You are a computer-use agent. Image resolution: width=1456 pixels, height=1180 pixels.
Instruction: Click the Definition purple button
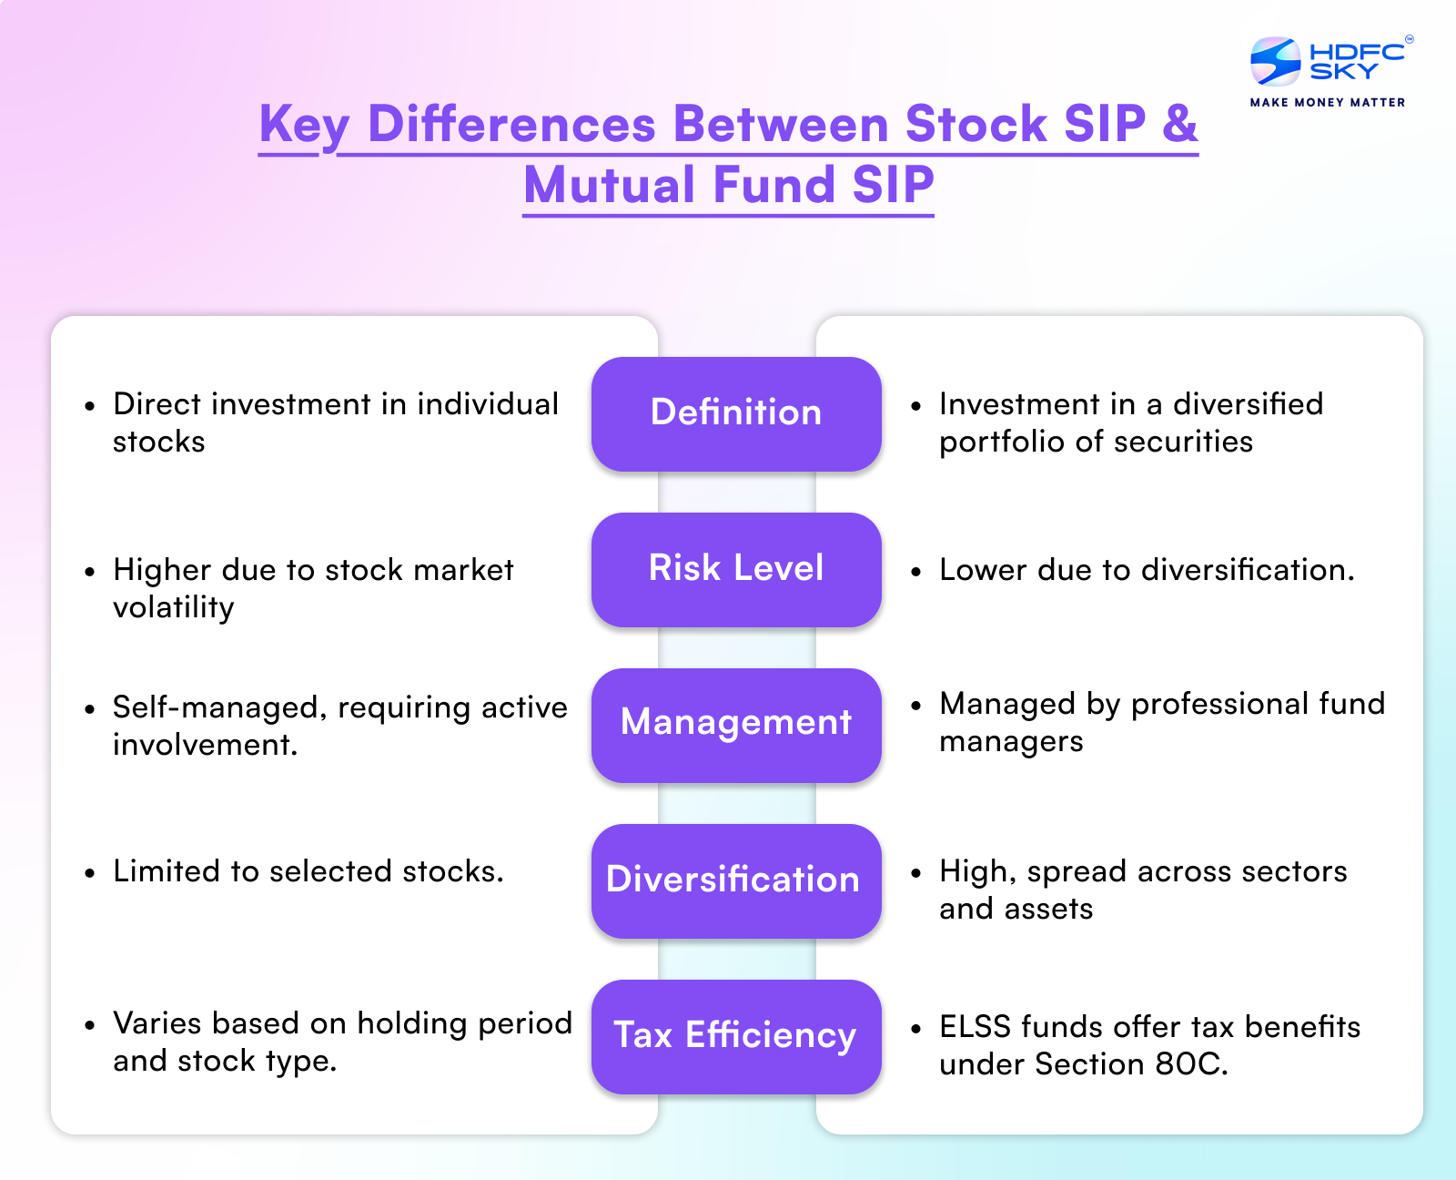(x=736, y=414)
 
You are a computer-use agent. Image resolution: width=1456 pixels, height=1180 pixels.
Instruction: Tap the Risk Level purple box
(x=736, y=570)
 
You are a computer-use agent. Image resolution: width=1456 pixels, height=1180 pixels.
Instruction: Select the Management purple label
(x=736, y=725)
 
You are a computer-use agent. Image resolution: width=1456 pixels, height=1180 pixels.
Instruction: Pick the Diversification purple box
(x=736, y=881)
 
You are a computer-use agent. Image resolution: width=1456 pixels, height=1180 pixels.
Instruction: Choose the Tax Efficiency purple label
(x=736, y=1037)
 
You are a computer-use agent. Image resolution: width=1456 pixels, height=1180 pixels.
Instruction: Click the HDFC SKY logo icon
(x=1276, y=62)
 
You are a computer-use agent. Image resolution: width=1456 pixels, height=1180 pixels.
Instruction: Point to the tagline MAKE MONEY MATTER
(x=1328, y=103)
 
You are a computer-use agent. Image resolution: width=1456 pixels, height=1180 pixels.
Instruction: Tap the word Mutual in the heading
(x=610, y=185)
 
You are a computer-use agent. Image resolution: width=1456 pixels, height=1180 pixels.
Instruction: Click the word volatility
(x=174, y=608)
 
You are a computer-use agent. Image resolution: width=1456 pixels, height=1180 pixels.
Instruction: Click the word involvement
(x=205, y=744)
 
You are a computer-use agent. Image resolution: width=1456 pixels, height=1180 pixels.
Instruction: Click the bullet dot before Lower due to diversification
(x=916, y=572)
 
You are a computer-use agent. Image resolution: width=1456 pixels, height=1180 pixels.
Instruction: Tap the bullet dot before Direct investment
(x=89, y=406)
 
